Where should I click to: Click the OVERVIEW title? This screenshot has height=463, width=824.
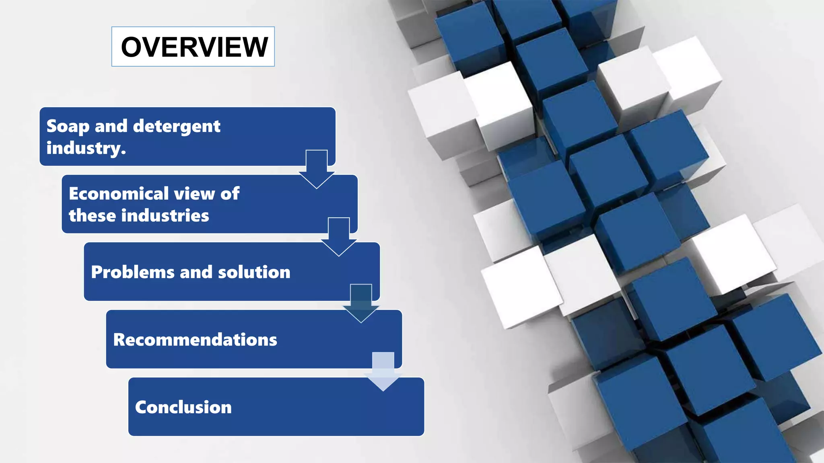coord(194,47)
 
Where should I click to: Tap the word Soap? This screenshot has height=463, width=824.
coord(68,127)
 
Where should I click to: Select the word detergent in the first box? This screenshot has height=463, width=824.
coord(177,127)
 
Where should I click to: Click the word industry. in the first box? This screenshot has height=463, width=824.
coord(86,148)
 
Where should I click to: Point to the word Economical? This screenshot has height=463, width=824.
coord(117,194)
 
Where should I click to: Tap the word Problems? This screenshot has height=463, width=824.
coord(132,272)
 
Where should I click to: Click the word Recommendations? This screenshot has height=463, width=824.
coord(195,340)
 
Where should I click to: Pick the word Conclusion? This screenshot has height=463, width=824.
coord(183,407)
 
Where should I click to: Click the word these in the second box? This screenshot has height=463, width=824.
coord(92,215)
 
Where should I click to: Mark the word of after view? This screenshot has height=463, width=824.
coord(230,194)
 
